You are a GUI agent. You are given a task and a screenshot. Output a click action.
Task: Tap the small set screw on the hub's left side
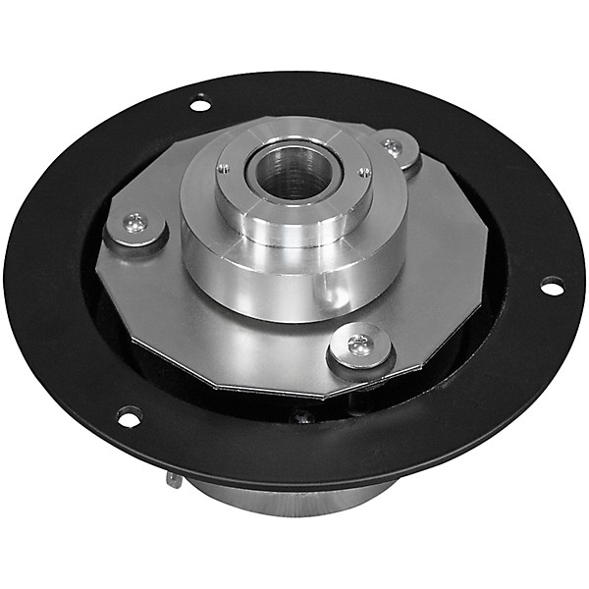point(224,168)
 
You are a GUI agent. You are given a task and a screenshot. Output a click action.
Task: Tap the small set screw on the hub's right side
point(364,173)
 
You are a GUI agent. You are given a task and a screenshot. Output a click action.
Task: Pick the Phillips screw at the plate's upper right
point(393,147)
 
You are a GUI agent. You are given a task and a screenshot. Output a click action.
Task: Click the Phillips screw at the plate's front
point(359,344)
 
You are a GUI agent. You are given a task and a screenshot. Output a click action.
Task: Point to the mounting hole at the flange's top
point(200,102)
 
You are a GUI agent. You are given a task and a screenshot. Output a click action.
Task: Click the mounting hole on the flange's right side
point(552,286)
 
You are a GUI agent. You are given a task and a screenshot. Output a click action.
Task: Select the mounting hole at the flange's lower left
point(129,416)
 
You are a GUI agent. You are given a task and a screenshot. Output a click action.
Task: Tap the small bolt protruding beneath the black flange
point(174,479)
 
